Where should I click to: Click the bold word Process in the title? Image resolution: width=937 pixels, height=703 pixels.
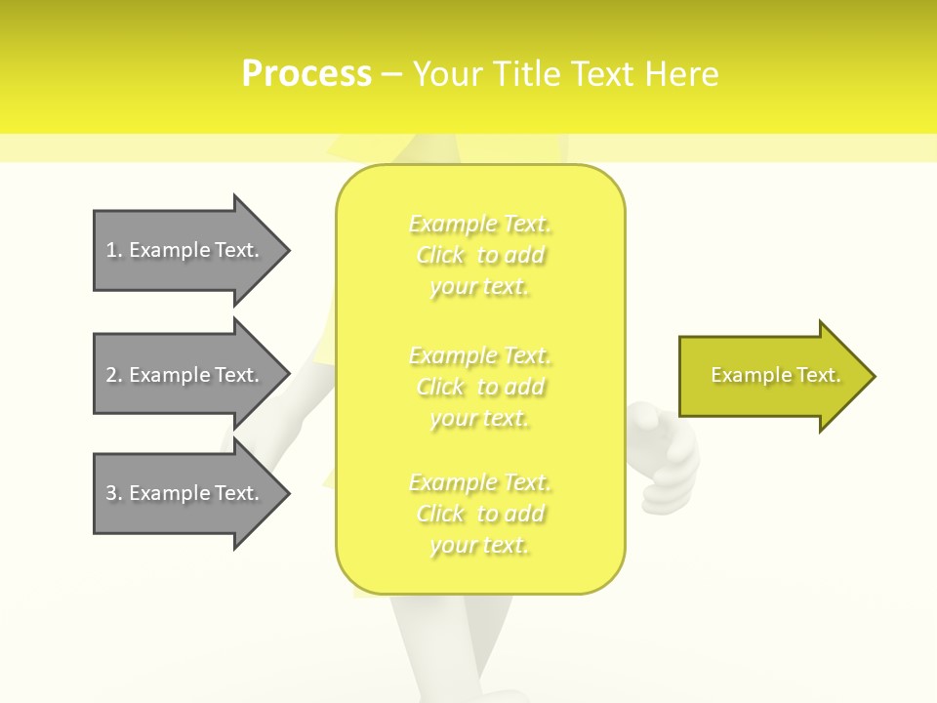pyautogui.click(x=306, y=74)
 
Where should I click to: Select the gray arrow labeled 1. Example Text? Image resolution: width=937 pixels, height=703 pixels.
pyautogui.click(x=185, y=250)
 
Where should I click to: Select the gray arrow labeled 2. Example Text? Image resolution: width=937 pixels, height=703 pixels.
pyautogui.click(x=185, y=375)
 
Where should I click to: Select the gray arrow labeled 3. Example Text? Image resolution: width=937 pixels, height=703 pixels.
pyautogui.click(x=185, y=493)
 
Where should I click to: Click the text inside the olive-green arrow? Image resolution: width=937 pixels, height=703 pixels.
pyautogui.click(x=775, y=375)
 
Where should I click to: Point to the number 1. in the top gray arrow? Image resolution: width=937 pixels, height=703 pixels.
pyautogui.click(x=114, y=250)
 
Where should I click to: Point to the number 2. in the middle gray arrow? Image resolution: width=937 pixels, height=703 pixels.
pyautogui.click(x=114, y=375)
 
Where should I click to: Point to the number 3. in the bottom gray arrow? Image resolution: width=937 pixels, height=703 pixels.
pyautogui.click(x=114, y=493)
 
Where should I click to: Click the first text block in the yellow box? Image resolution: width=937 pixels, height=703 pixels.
pyautogui.click(x=480, y=256)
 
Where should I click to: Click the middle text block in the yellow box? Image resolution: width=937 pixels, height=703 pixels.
pyautogui.click(x=480, y=387)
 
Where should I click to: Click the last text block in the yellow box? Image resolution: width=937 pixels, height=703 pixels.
pyautogui.click(x=480, y=514)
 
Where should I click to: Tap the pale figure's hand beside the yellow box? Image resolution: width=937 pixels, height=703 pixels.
pyautogui.click(x=668, y=459)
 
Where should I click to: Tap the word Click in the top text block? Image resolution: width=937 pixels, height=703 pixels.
pyautogui.click(x=440, y=256)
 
